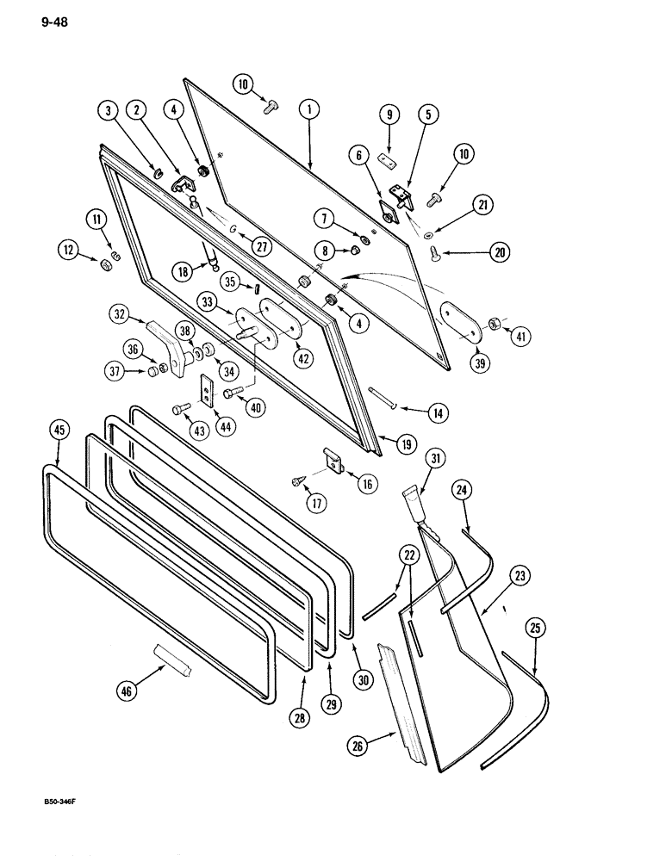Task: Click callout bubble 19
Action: pos(404,444)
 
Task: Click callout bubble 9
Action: pos(389,115)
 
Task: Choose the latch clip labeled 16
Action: pos(333,460)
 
